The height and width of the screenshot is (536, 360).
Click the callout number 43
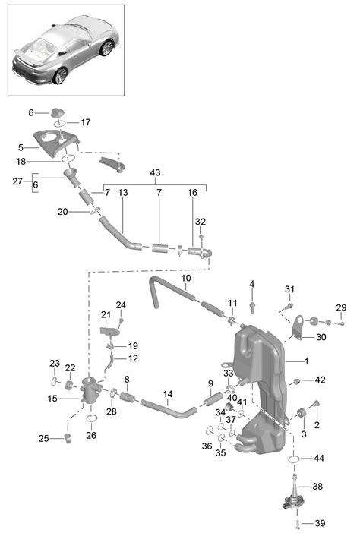[x=155, y=172]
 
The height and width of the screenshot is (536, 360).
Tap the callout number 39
[x=320, y=523]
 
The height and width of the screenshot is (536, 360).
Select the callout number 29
[x=341, y=307]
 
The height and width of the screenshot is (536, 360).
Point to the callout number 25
[x=43, y=438]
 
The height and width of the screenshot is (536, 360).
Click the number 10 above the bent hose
[x=186, y=278]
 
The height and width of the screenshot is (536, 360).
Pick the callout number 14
[x=168, y=394]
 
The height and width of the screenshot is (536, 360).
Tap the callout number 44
[x=319, y=458]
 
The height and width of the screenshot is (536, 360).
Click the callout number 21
[x=106, y=314]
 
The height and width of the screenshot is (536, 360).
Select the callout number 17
[x=86, y=122]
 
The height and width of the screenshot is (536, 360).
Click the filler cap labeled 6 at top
[x=58, y=112]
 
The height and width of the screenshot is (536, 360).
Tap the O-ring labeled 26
[x=91, y=418]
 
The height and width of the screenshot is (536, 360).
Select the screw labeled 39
[x=297, y=523]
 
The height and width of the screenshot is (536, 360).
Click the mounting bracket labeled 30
[x=298, y=327]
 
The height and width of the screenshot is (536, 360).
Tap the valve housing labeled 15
[x=90, y=393]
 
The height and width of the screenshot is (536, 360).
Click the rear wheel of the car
[x=106, y=48]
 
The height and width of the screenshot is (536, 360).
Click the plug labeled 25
[x=68, y=438]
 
